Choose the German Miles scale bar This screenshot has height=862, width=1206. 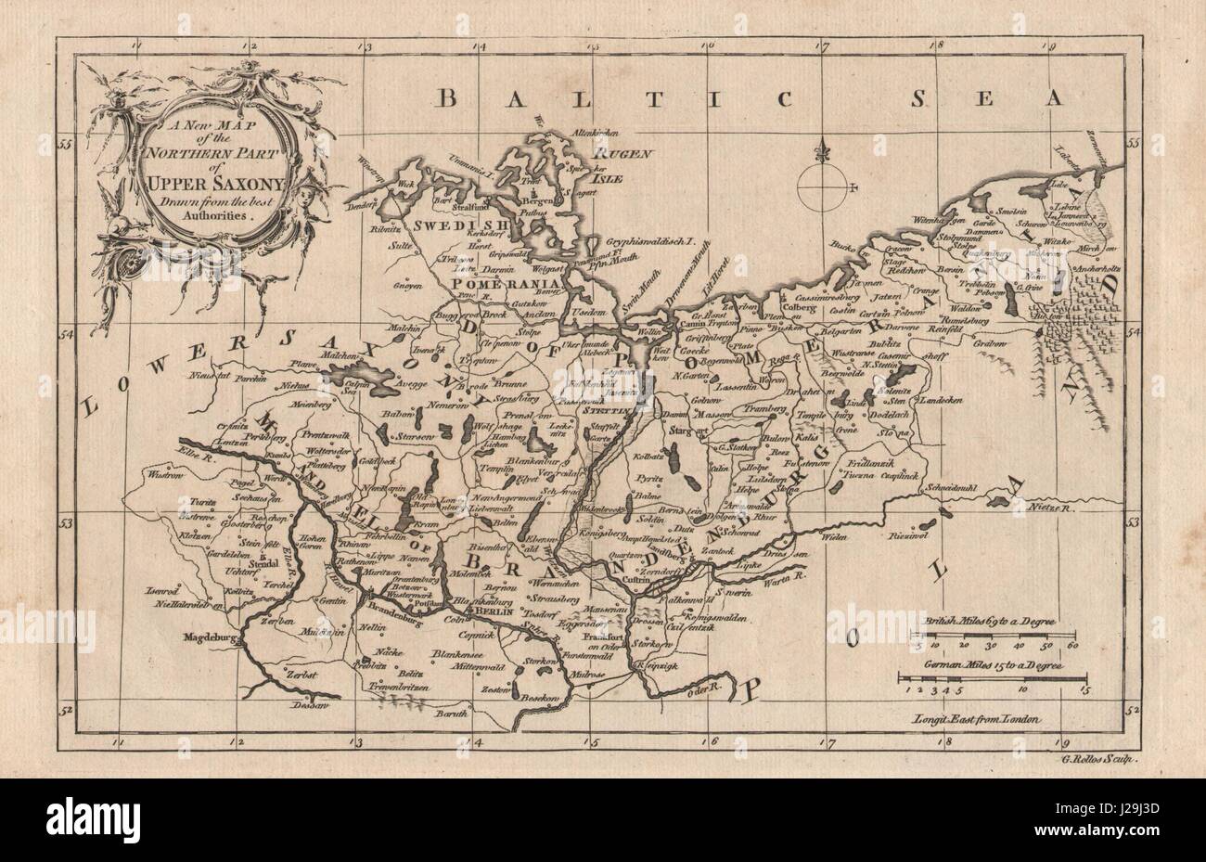tap(993, 682)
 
